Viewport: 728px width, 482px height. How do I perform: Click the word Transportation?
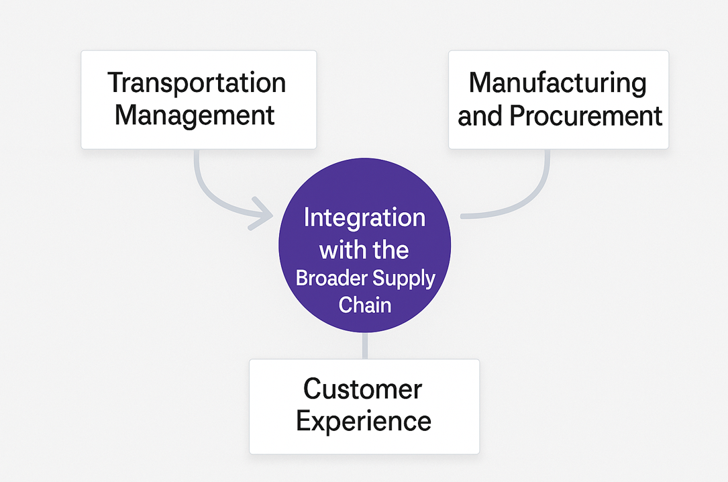(197, 84)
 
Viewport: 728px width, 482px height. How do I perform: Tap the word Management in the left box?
(195, 115)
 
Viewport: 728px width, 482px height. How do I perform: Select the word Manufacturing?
(558, 83)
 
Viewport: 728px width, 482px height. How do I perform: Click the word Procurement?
(586, 116)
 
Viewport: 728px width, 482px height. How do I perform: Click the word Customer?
(362, 389)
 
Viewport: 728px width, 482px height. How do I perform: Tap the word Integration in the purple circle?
(364, 218)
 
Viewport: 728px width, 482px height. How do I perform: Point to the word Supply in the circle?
(404, 278)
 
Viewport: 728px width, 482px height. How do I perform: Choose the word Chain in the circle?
(364, 305)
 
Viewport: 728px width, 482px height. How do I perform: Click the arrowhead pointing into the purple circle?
(263, 214)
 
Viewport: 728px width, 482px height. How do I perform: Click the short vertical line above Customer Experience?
(364, 346)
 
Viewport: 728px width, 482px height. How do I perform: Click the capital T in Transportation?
(114, 83)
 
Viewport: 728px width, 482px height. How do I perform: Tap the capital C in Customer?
(313, 389)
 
